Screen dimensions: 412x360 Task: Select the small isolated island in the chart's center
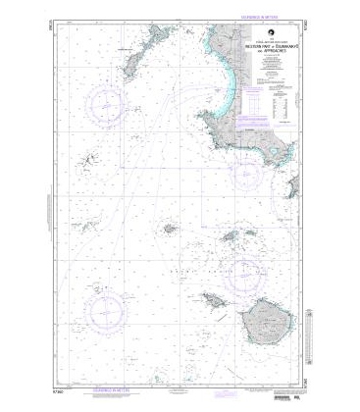[x=168, y=229]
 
